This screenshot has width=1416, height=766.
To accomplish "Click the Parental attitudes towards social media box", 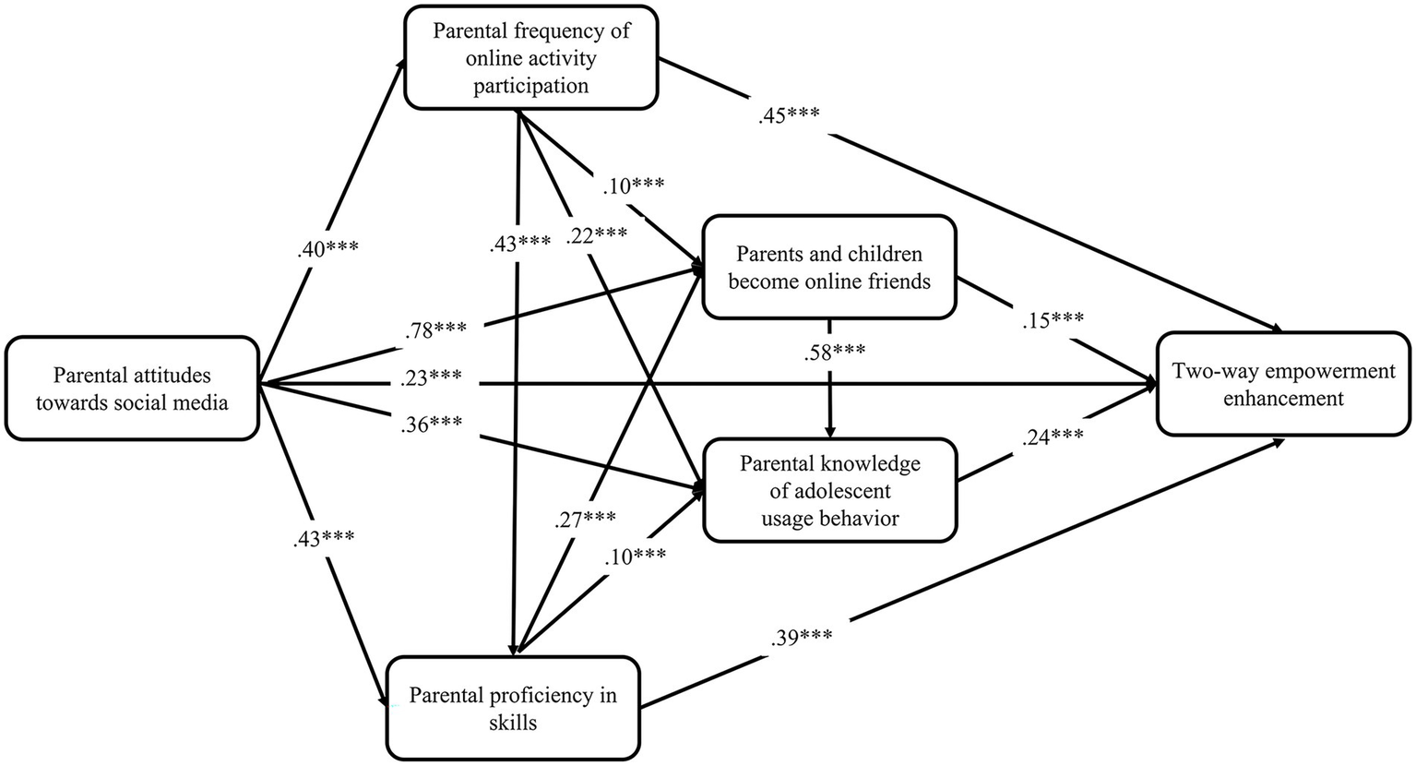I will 131,389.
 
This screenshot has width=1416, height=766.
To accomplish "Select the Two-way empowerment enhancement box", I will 1283,385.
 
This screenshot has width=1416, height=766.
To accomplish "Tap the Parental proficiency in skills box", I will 513,708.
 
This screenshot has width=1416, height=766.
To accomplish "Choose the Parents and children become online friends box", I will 829,268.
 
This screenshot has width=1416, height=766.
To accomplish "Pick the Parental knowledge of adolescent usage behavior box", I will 829,490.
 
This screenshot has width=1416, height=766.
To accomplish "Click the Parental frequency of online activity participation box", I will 530,57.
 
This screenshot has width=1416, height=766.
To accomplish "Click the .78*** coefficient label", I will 434,329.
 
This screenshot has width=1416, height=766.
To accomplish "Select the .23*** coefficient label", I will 432,378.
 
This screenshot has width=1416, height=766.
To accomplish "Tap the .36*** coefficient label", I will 432,425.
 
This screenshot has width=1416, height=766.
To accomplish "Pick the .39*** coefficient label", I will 800,637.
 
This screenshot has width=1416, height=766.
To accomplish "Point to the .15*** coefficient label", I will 1052,320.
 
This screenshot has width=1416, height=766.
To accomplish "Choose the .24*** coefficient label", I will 1053,439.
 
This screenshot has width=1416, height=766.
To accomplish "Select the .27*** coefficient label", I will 585,519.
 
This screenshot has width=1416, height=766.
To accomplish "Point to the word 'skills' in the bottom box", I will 513,722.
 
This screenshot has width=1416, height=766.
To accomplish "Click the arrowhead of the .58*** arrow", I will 830,431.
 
